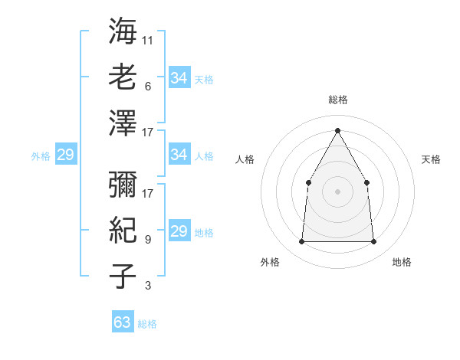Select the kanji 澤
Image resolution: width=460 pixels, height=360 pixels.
tap(123, 123)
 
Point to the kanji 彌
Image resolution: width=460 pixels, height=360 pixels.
tap(123, 183)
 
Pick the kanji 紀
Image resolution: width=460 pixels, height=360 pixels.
tap(123, 229)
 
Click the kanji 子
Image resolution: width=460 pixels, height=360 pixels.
tap(123, 275)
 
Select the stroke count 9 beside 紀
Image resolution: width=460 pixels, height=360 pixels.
tap(147, 240)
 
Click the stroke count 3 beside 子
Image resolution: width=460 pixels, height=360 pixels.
tap(147, 286)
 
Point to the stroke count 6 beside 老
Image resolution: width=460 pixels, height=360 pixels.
tap(147, 87)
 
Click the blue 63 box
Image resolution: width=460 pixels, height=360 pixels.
tap(122, 322)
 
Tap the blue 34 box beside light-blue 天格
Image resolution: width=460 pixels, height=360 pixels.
tap(179, 77)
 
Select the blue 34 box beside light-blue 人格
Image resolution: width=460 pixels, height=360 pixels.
tap(179, 155)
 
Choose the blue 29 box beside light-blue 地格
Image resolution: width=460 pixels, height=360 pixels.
tap(179, 231)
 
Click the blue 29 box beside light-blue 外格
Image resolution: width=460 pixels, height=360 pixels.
tap(65, 155)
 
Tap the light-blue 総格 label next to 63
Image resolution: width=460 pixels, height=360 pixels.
tap(147, 324)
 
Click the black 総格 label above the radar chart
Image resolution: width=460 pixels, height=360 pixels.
tap(337, 100)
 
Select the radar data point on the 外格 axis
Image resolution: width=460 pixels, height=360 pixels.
tap(301, 242)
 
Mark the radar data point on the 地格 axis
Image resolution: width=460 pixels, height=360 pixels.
tap(373, 242)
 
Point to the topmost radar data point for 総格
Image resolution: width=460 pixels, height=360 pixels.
tap(337, 130)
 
